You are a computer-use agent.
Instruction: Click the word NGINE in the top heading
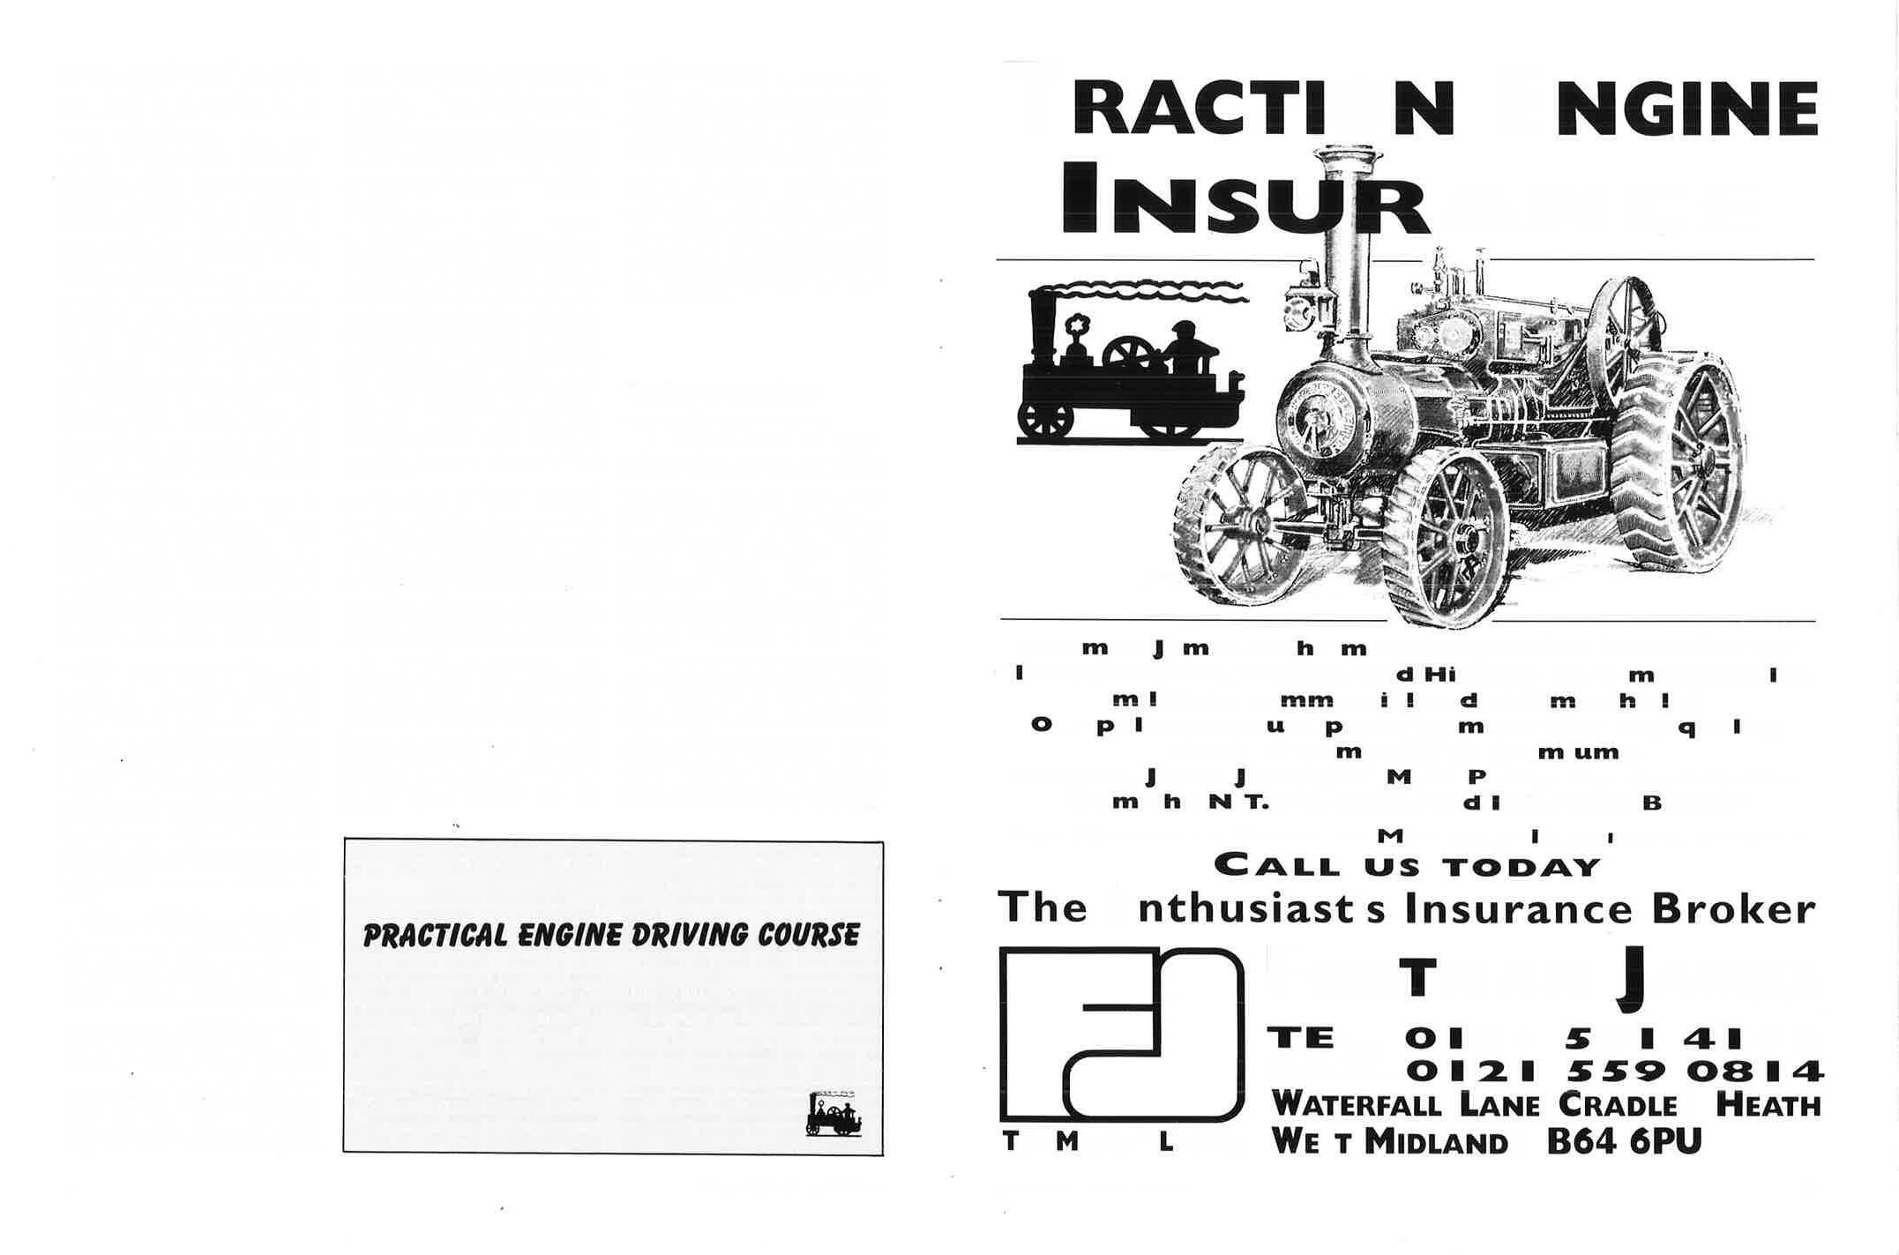pyautogui.click(x=1686, y=109)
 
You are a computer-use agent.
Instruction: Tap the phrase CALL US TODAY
pyautogui.click(x=1407, y=865)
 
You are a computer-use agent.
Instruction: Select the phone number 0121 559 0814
pyautogui.click(x=1613, y=1071)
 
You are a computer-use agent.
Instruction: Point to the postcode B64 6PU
pyautogui.click(x=1624, y=1143)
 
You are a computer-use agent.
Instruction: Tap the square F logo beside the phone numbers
pyautogui.click(x=1121, y=1034)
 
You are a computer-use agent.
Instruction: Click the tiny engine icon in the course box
pyautogui.click(x=833, y=1114)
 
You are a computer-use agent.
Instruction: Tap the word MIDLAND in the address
pyautogui.click(x=1436, y=1143)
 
